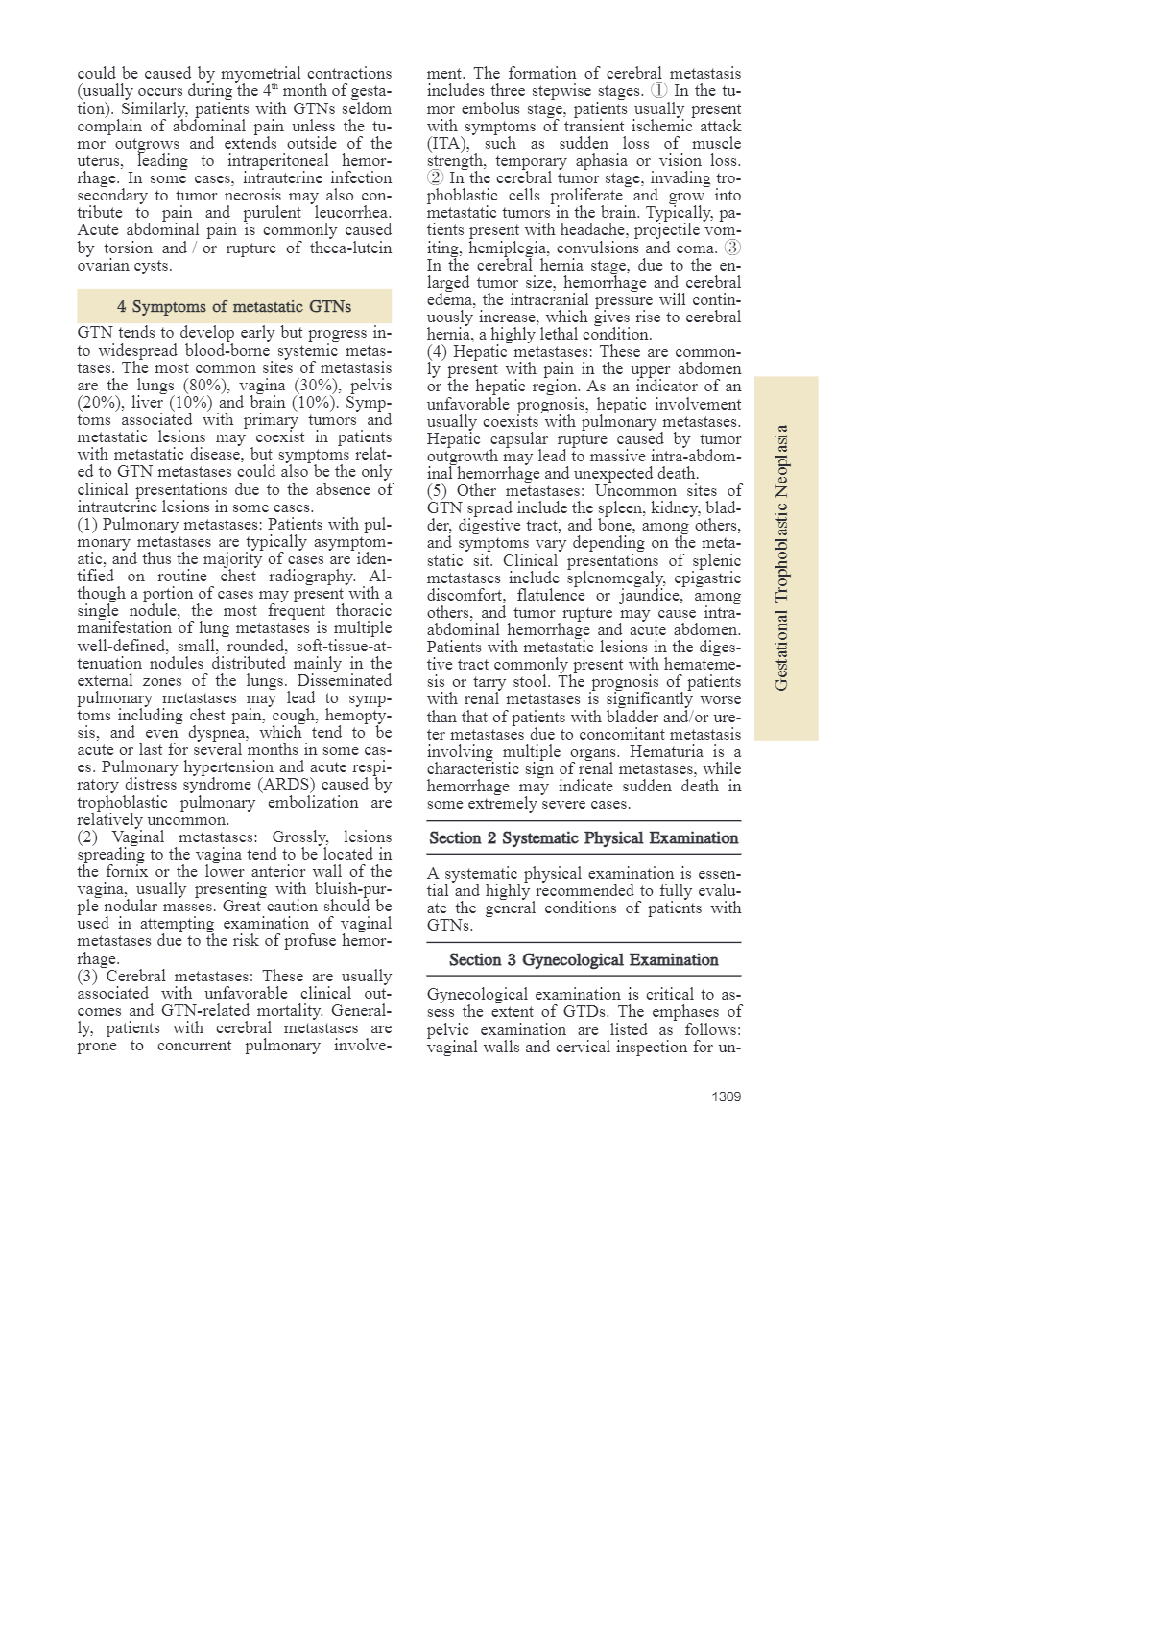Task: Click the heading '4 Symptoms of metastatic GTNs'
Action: point(234,307)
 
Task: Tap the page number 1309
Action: point(726,1096)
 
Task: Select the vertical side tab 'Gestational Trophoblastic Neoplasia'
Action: point(782,557)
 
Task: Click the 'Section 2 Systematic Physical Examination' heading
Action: point(584,838)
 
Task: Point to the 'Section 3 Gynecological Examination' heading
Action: point(584,960)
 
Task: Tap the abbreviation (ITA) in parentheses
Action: point(447,144)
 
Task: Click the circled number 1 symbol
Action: point(658,91)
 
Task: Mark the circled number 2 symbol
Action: point(436,178)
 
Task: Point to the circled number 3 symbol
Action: point(732,248)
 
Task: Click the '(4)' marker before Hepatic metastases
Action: point(437,352)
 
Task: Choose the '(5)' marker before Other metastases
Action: point(437,491)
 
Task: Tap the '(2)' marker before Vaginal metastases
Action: point(88,837)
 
